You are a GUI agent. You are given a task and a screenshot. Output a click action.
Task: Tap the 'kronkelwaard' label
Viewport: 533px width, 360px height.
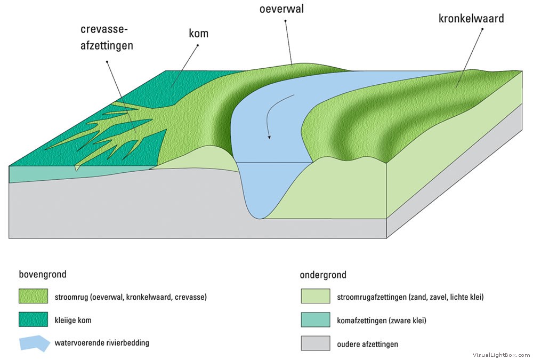pyautogui.click(x=471, y=19)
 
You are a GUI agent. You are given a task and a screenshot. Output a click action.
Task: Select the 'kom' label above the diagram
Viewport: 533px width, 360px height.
pyautogui.click(x=198, y=34)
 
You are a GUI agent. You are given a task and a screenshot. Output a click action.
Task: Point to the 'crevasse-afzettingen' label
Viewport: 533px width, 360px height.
pyautogui.click(x=107, y=37)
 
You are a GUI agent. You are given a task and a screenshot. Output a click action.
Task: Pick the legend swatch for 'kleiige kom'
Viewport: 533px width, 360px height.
pyautogui.click(x=33, y=320)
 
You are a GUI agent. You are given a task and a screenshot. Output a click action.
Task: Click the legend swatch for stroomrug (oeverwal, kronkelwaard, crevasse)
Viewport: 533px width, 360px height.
pyautogui.click(x=33, y=296)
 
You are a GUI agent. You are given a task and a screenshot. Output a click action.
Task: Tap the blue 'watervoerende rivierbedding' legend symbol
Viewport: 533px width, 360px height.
pyautogui.click(x=34, y=343)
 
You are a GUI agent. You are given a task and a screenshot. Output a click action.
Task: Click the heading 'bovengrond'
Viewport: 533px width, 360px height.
pyautogui.click(x=43, y=275)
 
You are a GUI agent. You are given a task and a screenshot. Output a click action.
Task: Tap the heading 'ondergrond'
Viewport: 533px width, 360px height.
pyautogui.click(x=323, y=275)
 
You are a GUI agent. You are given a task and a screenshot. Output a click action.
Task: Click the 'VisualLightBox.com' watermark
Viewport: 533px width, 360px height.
pyautogui.click(x=502, y=355)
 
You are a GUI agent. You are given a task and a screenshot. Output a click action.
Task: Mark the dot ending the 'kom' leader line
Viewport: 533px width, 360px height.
pyautogui.click(x=197, y=46)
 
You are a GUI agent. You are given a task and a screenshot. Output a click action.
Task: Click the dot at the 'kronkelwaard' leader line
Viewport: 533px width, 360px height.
pyautogui.click(x=482, y=29)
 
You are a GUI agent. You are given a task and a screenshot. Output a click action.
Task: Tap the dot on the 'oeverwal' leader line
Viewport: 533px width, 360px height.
pyautogui.click(x=285, y=21)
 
